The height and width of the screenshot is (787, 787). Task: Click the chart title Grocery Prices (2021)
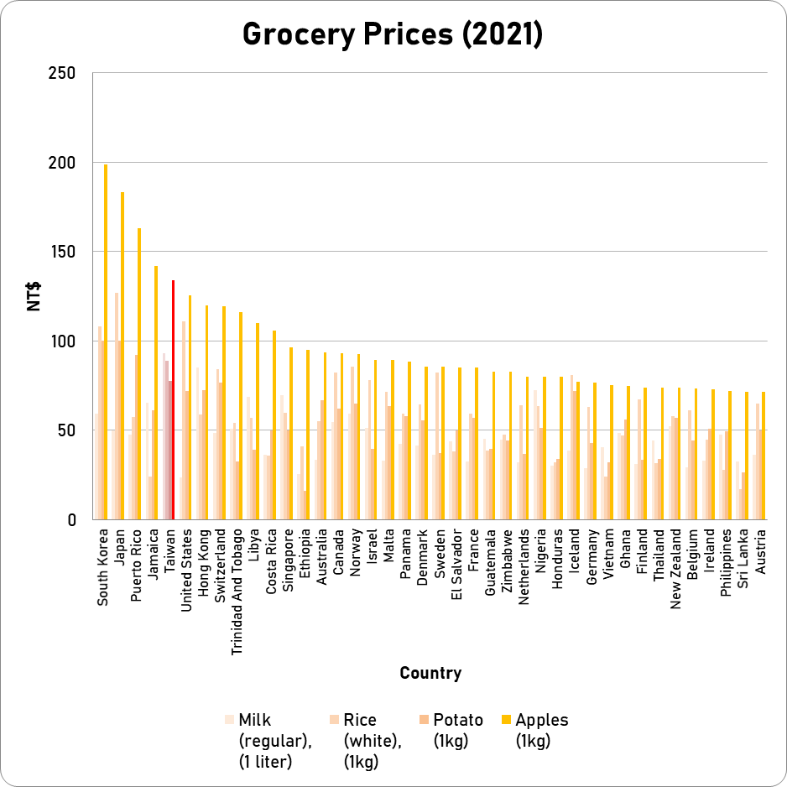[x=393, y=34]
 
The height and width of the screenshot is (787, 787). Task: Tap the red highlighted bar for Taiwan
[x=173, y=400]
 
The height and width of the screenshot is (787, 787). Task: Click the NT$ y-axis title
[x=34, y=296]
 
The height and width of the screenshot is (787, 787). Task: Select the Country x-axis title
[x=430, y=673]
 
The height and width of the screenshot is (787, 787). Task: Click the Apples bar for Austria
[x=764, y=456]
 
